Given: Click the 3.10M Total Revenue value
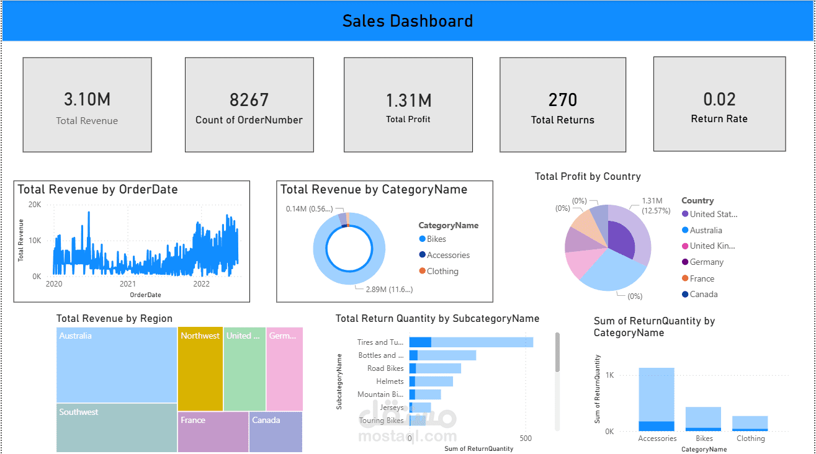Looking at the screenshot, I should click(87, 99).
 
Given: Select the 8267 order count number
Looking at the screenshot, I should click(249, 100).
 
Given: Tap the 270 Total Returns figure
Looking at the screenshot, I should click(563, 100).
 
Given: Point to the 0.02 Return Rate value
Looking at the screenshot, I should click(719, 99).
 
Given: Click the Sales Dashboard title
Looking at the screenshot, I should click(408, 21).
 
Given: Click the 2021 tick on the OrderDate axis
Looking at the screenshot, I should click(128, 284).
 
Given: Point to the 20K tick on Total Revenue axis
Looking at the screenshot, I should click(35, 205).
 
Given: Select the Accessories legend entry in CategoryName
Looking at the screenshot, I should click(448, 255).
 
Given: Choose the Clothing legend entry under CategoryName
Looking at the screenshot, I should click(442, 271).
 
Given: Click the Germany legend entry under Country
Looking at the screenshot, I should click(706, 262).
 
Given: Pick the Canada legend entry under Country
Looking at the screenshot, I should click(704, 294).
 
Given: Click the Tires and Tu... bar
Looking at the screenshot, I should click(470, 342).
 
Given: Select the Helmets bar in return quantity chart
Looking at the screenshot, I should click(431, 381).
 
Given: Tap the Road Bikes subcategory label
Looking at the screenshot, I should click(385, 368).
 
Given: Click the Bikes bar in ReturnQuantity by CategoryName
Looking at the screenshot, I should click(703, 419).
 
